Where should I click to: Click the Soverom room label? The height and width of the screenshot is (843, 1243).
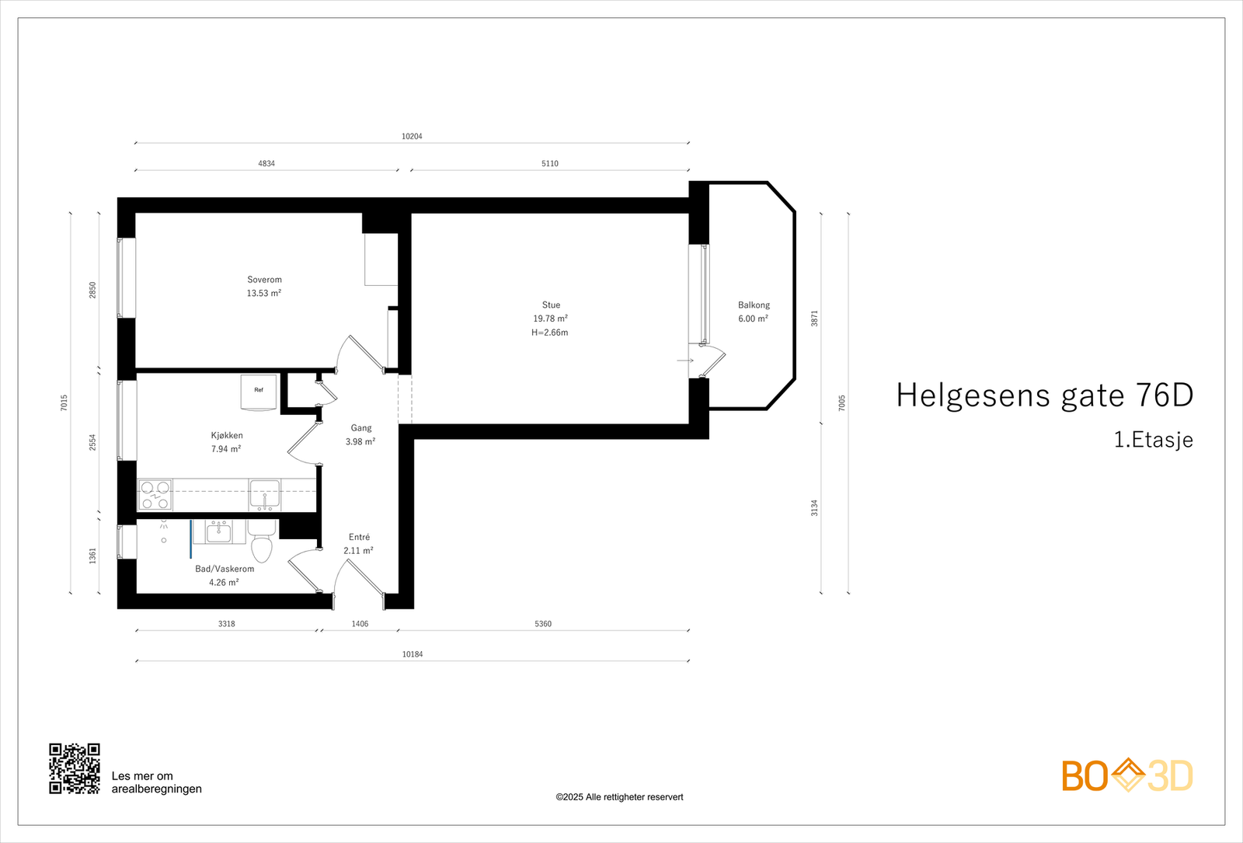click(x=264, y=280)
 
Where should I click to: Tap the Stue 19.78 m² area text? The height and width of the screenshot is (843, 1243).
click(x=550, y=319)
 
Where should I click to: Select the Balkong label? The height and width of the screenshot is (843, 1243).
click(x=754, y=305)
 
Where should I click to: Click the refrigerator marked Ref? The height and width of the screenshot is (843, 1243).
click(x=259, y=391)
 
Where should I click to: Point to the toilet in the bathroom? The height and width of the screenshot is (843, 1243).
click(x=262, y=542)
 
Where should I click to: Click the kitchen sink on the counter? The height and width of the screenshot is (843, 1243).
click(x=264, y=495)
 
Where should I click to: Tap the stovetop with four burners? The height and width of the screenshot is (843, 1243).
click(x=155, y=495)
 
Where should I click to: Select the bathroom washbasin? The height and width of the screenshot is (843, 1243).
click(x=218, y=532)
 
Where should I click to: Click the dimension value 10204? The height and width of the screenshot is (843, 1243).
click(x=412, y=137)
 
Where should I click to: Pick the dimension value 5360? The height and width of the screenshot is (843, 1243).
click(x=543, y=624)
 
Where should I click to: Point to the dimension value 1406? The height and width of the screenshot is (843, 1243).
click(x=360, y=624)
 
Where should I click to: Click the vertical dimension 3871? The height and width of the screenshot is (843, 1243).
click(x=815, y=318)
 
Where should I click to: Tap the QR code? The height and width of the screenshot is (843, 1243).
click(x=75, y=768)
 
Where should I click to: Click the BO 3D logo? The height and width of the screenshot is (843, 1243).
click(x=1127, y=775)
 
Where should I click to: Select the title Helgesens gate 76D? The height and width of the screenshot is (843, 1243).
click(x=1044, y=395)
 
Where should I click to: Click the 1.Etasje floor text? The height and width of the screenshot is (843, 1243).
click(x=1153, y=440)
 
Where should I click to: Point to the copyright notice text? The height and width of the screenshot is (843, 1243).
click(x=619, y=797)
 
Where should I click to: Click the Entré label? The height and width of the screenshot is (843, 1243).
click(x=359, y=537)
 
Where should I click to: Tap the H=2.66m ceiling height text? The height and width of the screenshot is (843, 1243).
click(x=550, y=333)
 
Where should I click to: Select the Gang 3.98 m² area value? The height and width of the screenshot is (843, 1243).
click(x=360, y=442)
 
